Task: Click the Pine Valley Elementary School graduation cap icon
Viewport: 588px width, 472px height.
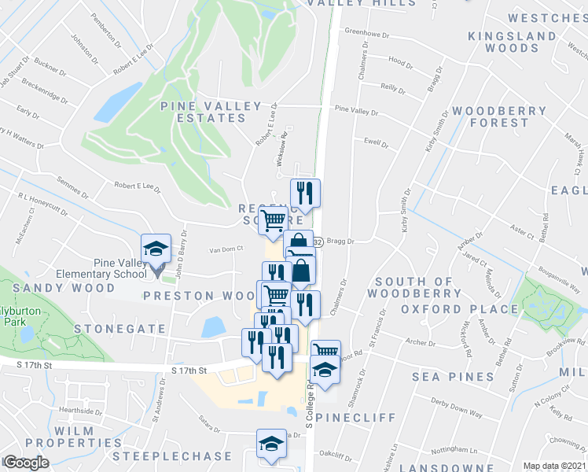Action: coord(156,249)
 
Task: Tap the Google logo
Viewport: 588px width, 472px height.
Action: coord(26,463)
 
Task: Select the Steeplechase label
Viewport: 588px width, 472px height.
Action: coord(163,456)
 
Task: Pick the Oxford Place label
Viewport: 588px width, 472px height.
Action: coord(450,309)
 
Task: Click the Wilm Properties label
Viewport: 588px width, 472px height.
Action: coord(61,437)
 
